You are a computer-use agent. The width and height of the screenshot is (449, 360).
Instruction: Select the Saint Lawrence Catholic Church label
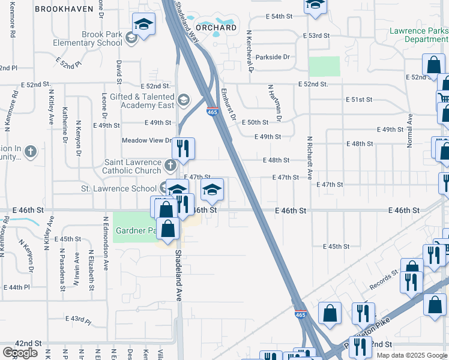pyautogui.click(x=133, y=167)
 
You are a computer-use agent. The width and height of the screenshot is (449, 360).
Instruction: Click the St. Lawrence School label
pyautogui.click(x=119, y=188)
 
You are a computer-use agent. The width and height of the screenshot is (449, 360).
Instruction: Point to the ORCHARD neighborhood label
pyautogui.click(x=216, y=28)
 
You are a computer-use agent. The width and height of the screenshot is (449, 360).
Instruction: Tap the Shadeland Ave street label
pyautogui.click(x=178, y=275)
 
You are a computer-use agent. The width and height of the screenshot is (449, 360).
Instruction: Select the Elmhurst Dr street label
pyautogui.click(x=227, y=106)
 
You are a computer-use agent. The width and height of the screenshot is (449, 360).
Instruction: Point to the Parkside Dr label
pyautogui.click(x=273, y=58)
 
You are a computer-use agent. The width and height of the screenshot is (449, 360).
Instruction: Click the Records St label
pyautogui.click(x=384, y=279)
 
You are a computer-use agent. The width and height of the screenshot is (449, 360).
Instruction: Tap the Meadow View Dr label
pyautogui.click(x=147, y=141)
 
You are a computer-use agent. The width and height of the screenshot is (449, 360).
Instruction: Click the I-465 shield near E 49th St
pyautogui.click(x=212, y=112)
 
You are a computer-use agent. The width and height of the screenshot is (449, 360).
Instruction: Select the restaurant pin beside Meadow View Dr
pyautogui.click(x=184, y=148)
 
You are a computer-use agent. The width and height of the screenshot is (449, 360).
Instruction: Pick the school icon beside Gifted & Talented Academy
pyautogui.click(x=183, y=99)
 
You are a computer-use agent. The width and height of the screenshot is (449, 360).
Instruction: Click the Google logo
pyautogui.click(x=20, y=353)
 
